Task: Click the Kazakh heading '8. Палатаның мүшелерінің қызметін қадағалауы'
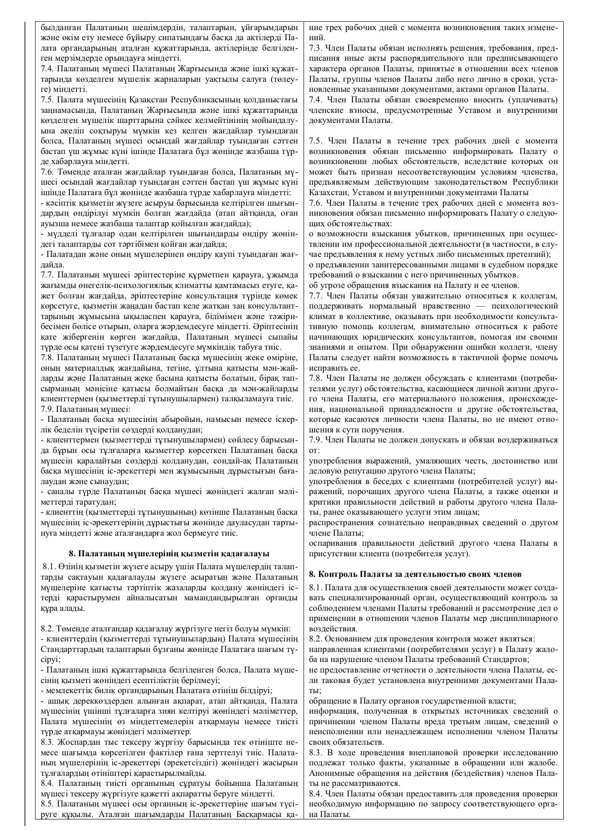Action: pos(169,553)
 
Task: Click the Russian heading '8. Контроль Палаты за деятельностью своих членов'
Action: pos(415,574)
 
